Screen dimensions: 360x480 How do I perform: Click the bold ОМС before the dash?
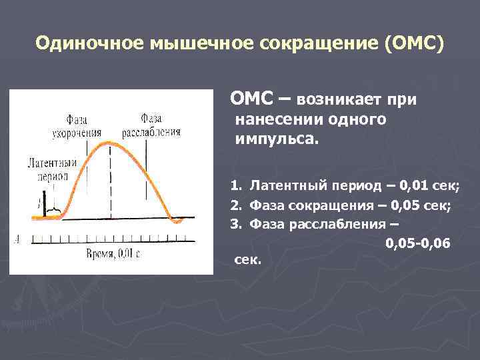point(251,99)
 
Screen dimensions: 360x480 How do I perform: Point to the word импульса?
point(277,141)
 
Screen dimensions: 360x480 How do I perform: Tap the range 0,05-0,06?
point(417,243)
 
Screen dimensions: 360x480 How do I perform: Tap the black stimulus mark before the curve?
point(40,203)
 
